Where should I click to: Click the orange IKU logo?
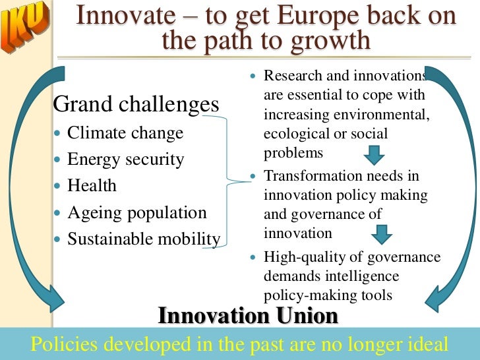26,28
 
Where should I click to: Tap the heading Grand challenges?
136,104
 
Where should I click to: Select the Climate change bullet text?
125,133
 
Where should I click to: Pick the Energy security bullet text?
126,159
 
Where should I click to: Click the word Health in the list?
92,186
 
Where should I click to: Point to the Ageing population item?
137,212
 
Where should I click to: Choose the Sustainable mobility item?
144,239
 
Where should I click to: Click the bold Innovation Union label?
248,316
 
